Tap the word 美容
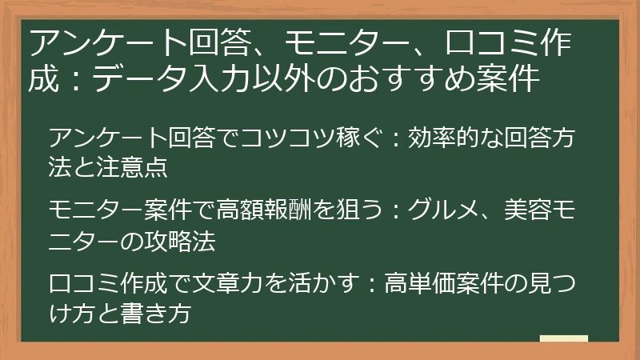tap(528, 210)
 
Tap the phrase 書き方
tap(156, 314)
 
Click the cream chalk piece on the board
tap(564, 338)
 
